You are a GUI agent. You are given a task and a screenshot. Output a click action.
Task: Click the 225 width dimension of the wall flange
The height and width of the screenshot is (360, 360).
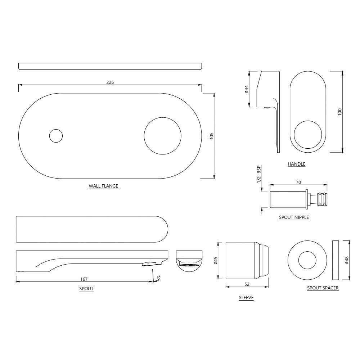(x=110, y=82)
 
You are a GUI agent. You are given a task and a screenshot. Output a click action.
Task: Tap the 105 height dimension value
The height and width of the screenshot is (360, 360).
(x=212, y=135)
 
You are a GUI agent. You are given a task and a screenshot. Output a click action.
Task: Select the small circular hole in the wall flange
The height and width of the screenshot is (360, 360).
(x=56, y=136)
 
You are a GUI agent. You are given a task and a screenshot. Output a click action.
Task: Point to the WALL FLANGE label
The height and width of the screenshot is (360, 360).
(x=103, y=186)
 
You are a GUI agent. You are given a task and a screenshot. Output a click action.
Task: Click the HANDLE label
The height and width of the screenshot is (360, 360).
(x=296, y=164)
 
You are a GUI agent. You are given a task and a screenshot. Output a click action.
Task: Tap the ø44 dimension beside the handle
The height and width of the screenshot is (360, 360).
(x=247, y=89)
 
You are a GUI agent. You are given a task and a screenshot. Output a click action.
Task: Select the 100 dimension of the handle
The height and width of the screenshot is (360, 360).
(x=340, y=112)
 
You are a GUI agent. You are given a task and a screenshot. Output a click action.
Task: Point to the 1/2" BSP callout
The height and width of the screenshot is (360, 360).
(x=259, y=174)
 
